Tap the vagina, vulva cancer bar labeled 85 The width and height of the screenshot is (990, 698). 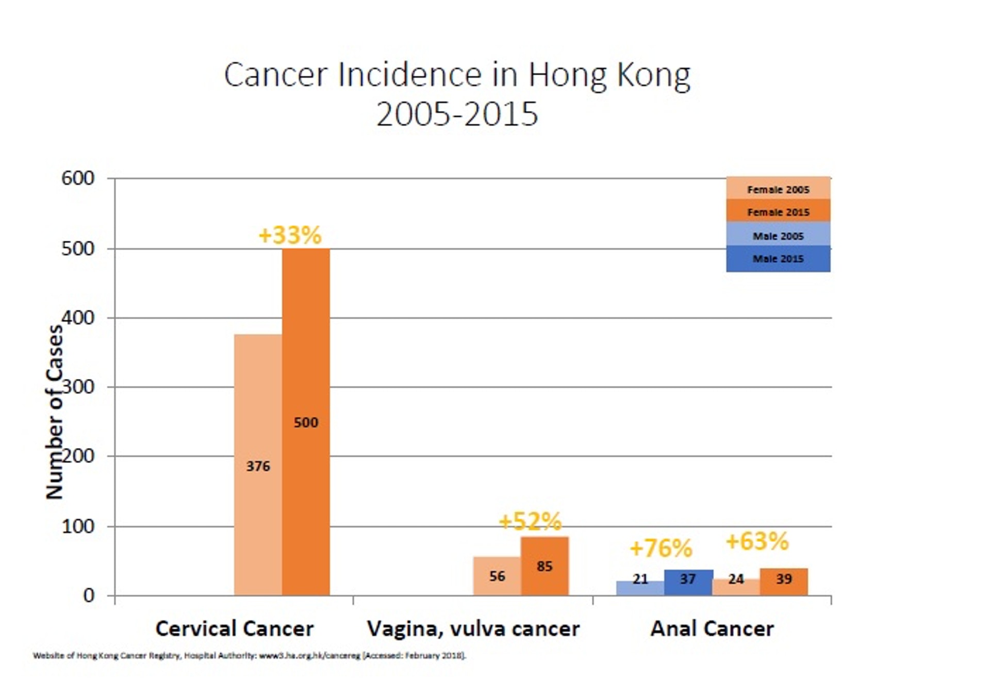coord(544,566)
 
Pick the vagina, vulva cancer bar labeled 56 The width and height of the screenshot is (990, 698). coord(497,576)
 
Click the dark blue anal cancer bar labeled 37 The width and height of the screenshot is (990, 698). coord(688,582)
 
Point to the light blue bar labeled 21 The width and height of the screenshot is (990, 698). coord(640,588)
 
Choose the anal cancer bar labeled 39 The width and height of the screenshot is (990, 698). coord(784,581)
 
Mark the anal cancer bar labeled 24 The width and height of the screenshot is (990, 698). coord(736,587)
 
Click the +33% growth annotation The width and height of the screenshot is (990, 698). coord(290,235)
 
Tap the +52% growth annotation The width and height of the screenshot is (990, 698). coord(530,522)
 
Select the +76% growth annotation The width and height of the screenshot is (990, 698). coord(661,548)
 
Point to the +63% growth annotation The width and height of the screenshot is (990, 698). coord(757,541)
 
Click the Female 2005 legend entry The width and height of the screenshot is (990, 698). coord(778,189)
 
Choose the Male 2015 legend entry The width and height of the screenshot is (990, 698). coord(778,259)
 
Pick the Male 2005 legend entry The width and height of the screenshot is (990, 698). coord(778,236)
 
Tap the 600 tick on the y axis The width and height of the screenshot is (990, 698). coord(78,178)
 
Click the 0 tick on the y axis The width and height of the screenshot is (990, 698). coord(89,595)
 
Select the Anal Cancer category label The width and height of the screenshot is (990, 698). coord(712,628)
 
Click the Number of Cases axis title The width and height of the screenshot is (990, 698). coord(55,412)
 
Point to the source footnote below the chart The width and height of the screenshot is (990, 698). coord(250,656)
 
